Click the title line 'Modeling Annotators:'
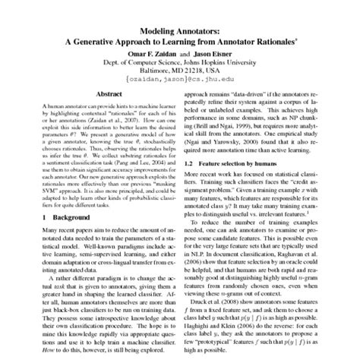point(180,7)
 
